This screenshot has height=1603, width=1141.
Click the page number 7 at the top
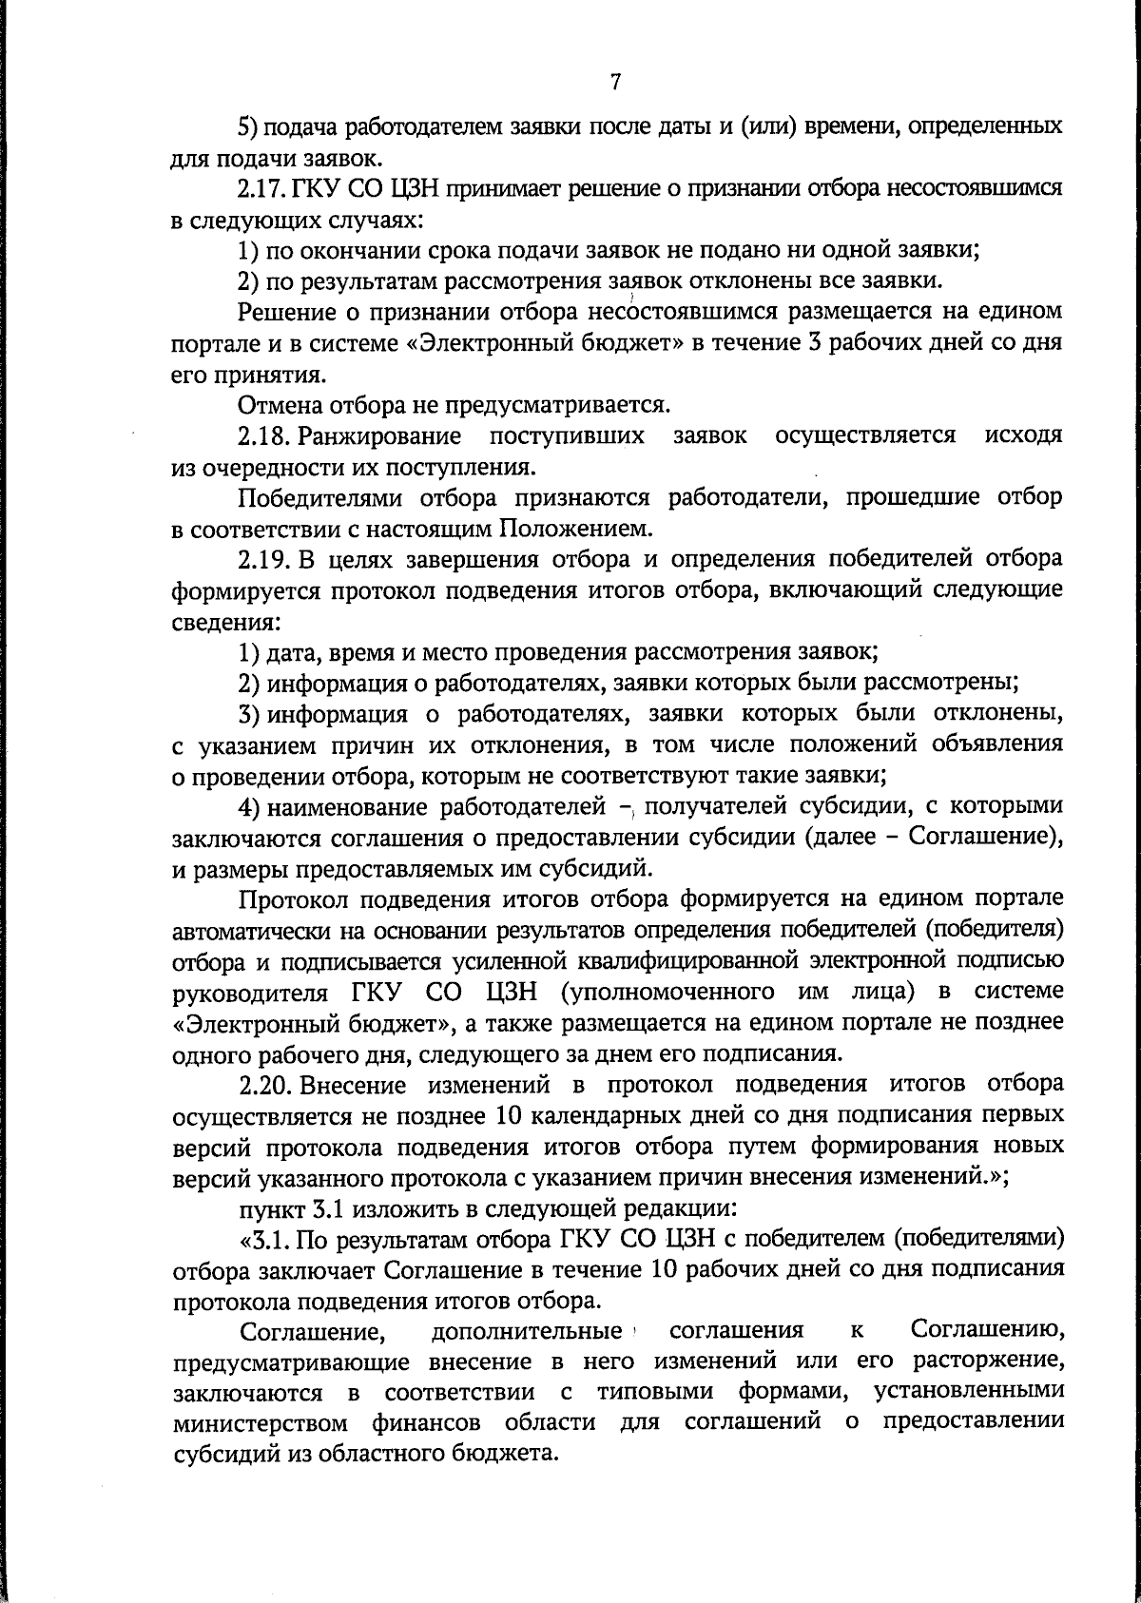pyautogui.click(x=615, y=83)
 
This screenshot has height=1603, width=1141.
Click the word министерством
pyautogui.click(x=260, y=1423)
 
